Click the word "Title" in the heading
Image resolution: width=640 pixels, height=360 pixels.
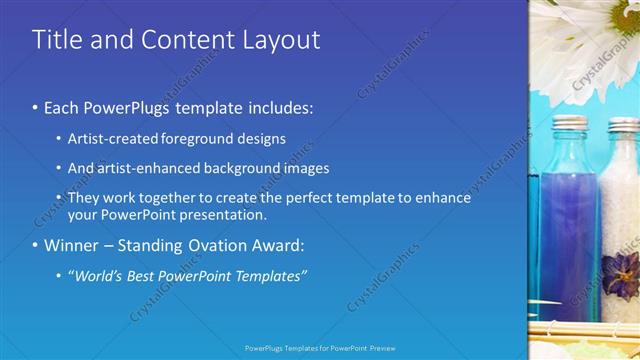click(x=55, y=40)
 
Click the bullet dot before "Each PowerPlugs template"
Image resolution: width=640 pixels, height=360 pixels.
click(x=36, y=107)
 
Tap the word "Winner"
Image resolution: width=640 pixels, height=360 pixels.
click(x=70, y=245)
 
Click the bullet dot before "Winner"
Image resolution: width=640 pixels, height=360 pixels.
click(x=36, y=245)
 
